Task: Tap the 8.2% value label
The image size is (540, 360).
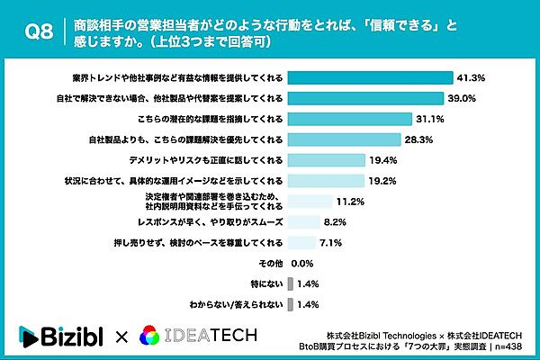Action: (337, 222)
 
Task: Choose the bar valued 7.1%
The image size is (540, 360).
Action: (302, 243)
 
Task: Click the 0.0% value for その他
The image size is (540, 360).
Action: (303, 264)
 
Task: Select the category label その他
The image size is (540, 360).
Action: (271, 264)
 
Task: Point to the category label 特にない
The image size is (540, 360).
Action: (268, 284)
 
